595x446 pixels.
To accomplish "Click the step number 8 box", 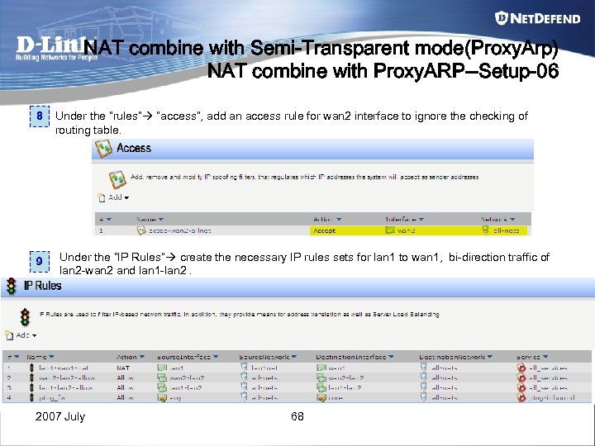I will pyautogui.click(x=39, y=117).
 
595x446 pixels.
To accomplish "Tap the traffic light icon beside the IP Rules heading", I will pyautogui.click(x=11, y=287).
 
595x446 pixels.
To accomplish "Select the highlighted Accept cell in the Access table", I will pyautogui.click(x=324, y=230).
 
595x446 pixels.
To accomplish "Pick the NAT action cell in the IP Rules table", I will pyautogui.click(x=123, y=368).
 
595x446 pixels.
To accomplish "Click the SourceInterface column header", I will pyautogui.click(x=188, y=357).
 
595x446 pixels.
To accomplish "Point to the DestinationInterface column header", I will pyautogui.click(x=350, y=357).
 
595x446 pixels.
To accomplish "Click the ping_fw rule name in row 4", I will pyautogui.click(x=51, y=397).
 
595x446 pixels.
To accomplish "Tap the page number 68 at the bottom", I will pyautogui.click(x=297, y=416).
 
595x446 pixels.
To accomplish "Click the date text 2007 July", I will pyautogui.click(x=60, y=416).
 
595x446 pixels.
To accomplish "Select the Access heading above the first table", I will pyautogui.click(x=133, y=149).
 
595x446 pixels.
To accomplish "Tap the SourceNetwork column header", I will pyautogui.click(x=265, y=357).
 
